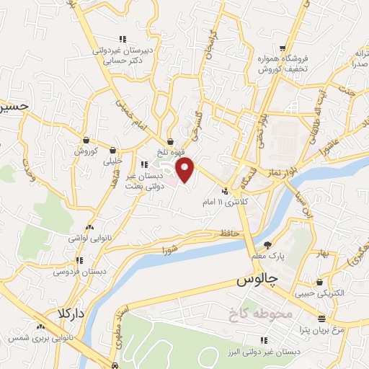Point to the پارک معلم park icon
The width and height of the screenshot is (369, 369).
pyautogui.click(x=268, y=244)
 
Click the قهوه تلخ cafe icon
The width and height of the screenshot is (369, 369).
pyautogui.click(x=171, y=141)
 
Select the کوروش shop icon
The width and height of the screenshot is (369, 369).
pyautogui.click(x=86, y=140)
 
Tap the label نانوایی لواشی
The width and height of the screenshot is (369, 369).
pyautogui.click(x=88, y=237)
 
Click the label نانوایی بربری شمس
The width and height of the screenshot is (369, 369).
pyautogui.click(x=40, y=337)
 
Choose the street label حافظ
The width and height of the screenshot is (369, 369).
pyautogui.click(x=228, y=233)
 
